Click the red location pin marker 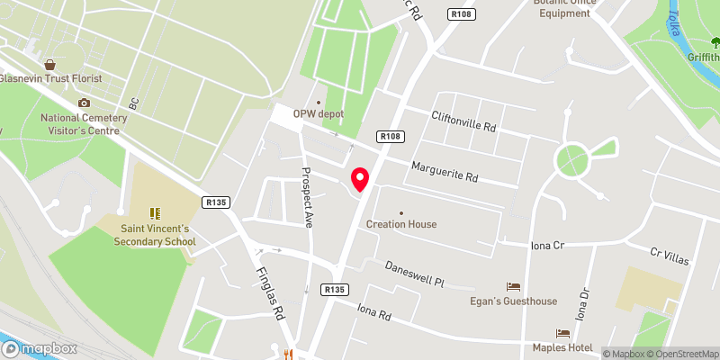pyautogui.click(x=361, y=179)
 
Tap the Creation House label pyautogui.click(x=401, y=224)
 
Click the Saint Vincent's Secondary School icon pyautogui.click(x=154, y=213)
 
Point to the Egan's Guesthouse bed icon pyautogui.click(x=514, y=286)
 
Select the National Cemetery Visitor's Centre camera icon pyautogui.click(x=84, y=103)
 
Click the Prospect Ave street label pyautogui.click(x=306, y=196)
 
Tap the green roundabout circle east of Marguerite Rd pyautogui.click(x=573, y=161)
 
